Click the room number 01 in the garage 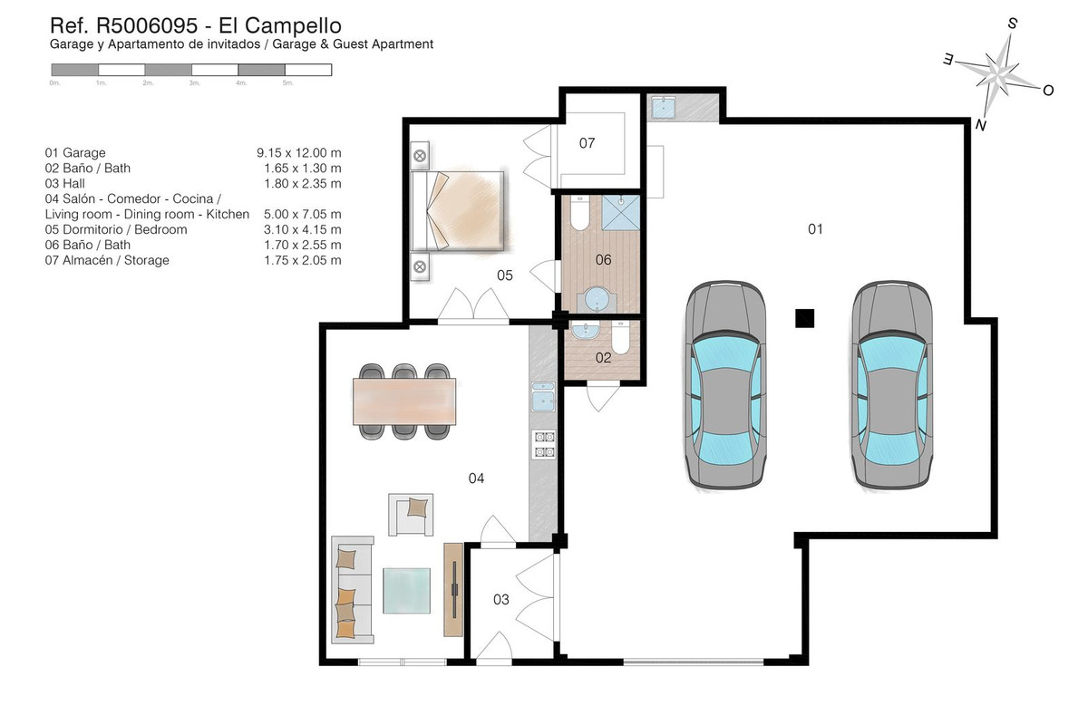(815, 229)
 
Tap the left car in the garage (723, 384)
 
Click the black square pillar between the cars (804, 317)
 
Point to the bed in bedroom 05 (459, 210)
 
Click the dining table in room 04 (405, 399)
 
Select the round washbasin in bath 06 (597, 297)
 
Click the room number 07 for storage (587, 143)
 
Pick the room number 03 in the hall (500, 599)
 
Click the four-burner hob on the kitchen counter (543, 444)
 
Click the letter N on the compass (980, 125)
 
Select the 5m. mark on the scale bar (288, 82)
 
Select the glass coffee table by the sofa (407, 590)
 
